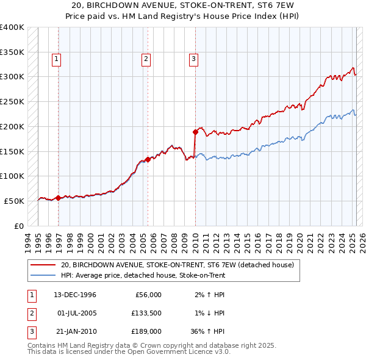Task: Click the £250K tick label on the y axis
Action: [x=12, y=101]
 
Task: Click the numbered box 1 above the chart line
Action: [x=56, y=59]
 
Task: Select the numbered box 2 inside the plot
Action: [x=146, y=59]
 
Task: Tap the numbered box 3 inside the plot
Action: [x=193, y=59]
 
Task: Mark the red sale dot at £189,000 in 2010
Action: [x=195, y=131]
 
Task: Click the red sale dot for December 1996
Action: [x=59, y=198]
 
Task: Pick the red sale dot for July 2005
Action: [x=148, y=159]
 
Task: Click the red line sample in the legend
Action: [x=43, y=265]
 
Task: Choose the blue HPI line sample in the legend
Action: [x=43, y=275]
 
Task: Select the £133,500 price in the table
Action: [x=147, y=313]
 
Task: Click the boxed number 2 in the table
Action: [x=31, y=313]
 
